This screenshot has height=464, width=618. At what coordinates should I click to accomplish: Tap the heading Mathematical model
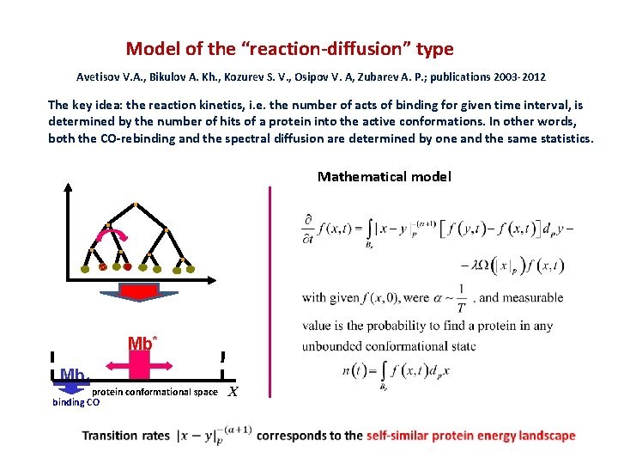click(x=384, y=176)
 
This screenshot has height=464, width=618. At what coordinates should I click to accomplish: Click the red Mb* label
click(x=140, y=344)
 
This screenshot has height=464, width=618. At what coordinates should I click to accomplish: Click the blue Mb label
click(x=74, y=375)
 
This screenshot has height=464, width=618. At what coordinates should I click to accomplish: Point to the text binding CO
click(x=76, y=401)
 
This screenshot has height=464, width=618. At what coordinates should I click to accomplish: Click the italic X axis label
click(x=233, y=393)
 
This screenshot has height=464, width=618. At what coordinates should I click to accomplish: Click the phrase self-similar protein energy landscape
click(x=470, y=436)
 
